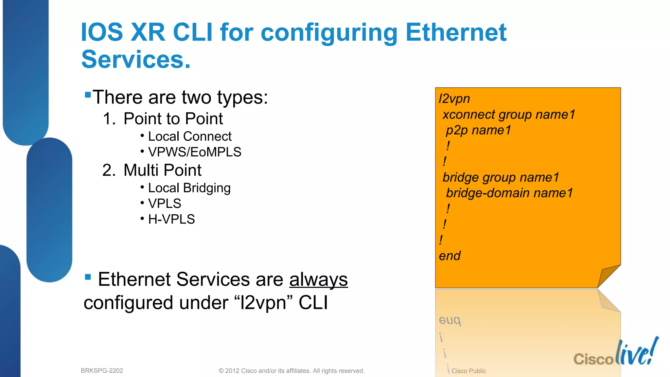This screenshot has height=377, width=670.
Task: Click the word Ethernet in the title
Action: (456, 33)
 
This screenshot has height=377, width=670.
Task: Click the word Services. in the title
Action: (136, 60)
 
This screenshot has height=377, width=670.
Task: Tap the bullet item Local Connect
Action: (189, 136)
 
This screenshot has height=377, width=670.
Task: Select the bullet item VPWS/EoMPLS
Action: (194, 152)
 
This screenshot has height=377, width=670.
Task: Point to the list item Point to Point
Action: (173, 118)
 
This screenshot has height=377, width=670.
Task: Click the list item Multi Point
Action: (162, 170)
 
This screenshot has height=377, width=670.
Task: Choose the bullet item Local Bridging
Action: (189, 188)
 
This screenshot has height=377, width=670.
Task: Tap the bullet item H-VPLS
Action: (171, 219)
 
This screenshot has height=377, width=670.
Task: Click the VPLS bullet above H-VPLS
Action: (164, 204)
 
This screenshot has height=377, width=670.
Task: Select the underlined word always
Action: (318, 279)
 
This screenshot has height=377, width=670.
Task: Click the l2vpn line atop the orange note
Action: (454, 99)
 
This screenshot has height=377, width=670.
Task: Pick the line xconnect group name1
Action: (508, 115)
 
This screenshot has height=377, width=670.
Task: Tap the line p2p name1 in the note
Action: (478, 130)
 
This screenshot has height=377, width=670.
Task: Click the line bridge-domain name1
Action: (509, 193)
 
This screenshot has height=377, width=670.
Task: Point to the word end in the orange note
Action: (450, 256)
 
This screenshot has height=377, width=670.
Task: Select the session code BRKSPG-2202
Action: (102, 371)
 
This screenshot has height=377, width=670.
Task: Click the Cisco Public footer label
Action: (468, 371)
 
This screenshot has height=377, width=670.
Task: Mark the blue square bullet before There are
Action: (88, 95)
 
